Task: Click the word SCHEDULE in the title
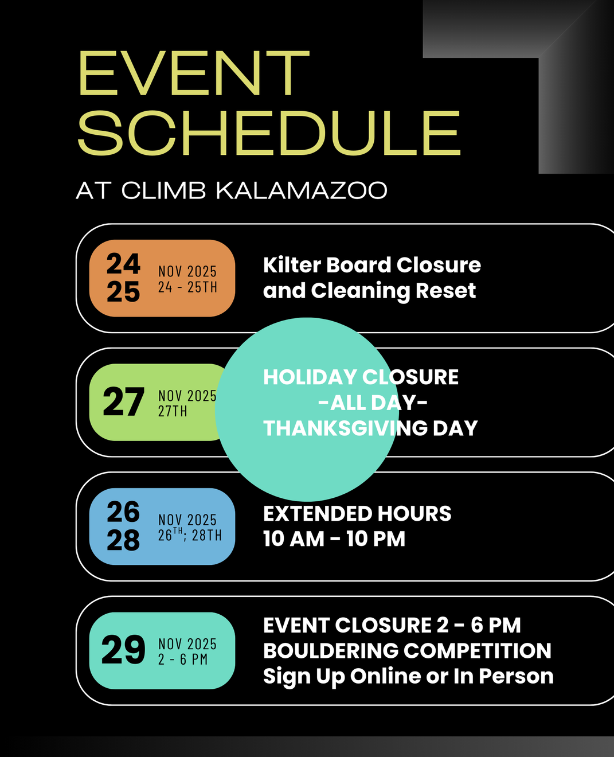[x=269, y=133]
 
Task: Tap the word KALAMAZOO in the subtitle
[x=302, y=191]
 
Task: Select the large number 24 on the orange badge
[x=123, y=264]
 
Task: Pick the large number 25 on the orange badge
[x=123, y=292]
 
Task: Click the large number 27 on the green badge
[x=123, y=402]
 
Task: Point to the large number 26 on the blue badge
[x=123, y=512]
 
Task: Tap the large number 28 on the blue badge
[x=123, y=540]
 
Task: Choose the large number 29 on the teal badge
[x=123, y=650]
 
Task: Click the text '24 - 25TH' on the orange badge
[x=187, y=287]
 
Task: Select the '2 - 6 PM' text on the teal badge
[x=183, y=660]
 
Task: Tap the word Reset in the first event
[x=445, y=290]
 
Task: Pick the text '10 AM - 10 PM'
[x=334, y=539]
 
